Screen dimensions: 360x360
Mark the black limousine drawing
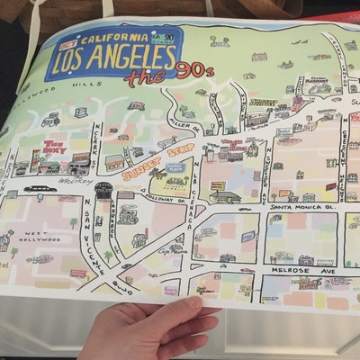click(x=39, y=190)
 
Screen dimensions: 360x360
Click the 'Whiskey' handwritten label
click(x=70, y=180)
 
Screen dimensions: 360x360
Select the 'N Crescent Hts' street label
click(x=343, y=139)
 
